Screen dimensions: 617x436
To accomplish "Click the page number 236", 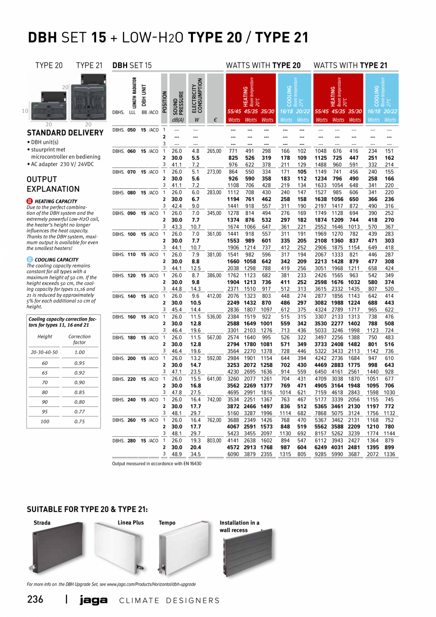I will pyautogui.click(x=35, y=599).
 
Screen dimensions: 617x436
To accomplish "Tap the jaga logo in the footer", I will pyautogui.click(x=93, y=600).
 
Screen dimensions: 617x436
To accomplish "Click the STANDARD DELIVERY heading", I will pyautogui.click(x=65, y=133).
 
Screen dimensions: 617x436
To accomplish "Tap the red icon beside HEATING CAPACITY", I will pyautogui.click(x=30, y=201).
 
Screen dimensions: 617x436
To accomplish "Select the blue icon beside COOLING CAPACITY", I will pyautogui.click(x=30, y=259).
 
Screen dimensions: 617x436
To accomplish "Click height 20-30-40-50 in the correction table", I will pyautogui.click(x=45, y=352).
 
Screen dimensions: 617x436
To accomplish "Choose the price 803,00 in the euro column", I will pyautogui.click(x=214, y=441).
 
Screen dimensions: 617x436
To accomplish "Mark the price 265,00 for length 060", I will pyautogui.click(x=214, y=151).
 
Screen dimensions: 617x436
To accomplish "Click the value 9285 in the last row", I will pyautogui.click(x=322, y=454).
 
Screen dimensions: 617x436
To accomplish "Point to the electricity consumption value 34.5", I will pyautogui.click(x=195, y=454).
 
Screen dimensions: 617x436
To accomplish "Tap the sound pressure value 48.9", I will pyautogui.click(x=176, y=454).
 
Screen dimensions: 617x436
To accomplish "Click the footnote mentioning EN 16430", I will pyautogui.click(x=157, y=463).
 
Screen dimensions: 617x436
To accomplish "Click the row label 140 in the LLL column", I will pyautogui.click(x=132, y=296).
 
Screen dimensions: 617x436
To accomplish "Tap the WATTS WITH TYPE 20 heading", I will pyautogui.click(x=263, y=65).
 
